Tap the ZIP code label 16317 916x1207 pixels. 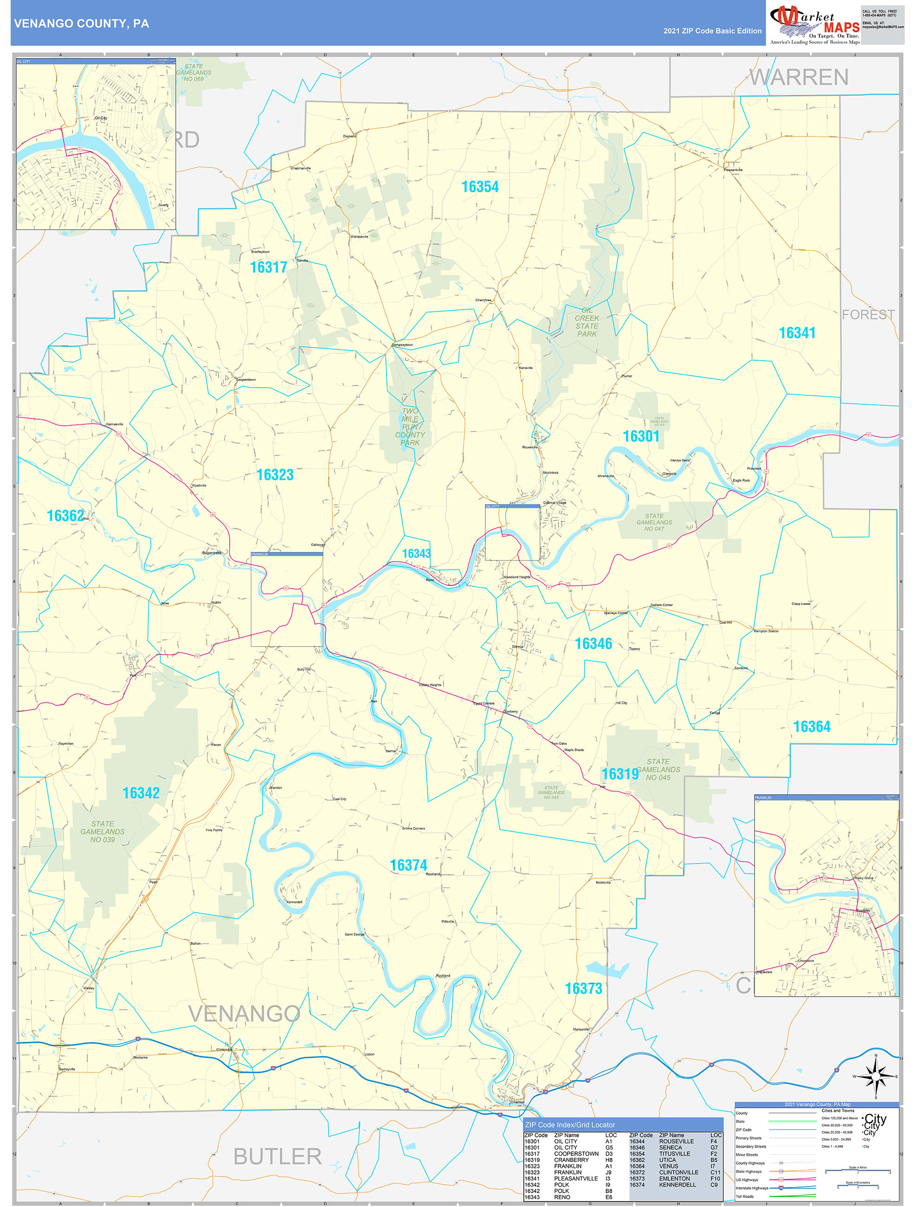(268, 267)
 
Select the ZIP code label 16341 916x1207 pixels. (797, 333)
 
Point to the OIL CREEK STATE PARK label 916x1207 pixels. (587, 322)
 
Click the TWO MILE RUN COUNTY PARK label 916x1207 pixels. (410, 427)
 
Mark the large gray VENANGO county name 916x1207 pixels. (244, 1013)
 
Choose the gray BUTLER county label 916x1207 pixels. (277, 1156)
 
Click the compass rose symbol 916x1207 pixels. (876, 1077)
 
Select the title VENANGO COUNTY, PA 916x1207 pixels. (81, 24)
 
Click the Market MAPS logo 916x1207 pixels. (814, 23)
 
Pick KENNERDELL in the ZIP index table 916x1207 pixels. (677, 1185)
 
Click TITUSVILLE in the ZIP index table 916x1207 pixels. (674, 1154)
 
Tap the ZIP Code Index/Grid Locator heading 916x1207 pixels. (569, 1125)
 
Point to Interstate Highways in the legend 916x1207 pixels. (752, 1188)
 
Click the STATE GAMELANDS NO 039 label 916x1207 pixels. (103, 831)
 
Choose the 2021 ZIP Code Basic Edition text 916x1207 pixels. (712, 31)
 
